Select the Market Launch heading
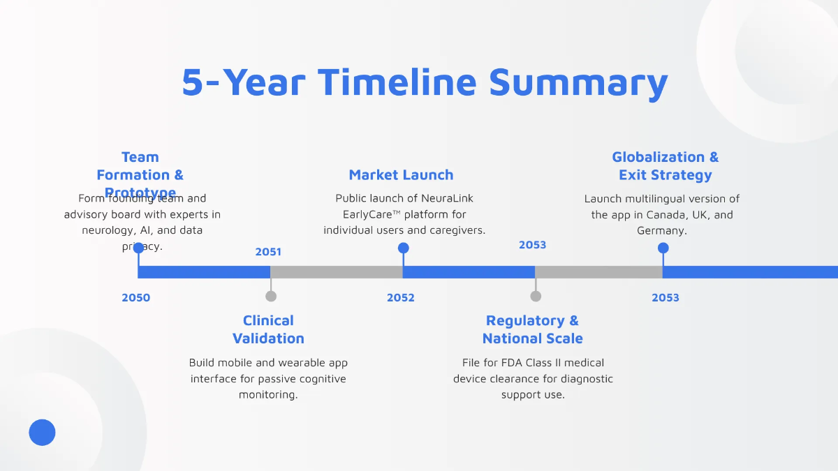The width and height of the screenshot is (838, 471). pyautogui.click(x=401, y=175)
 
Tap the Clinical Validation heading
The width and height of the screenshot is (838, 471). pyautogui.click(x=268, y=329)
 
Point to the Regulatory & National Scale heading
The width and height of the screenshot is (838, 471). pyautogui.click(x=532, y=329)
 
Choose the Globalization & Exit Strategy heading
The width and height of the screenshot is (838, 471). pyautogui.click(x=665, y=166)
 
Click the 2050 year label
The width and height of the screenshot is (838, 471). pyautogui.click(x=135, y=298)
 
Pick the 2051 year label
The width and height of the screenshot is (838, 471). pyautogui.click(x=268, y=252)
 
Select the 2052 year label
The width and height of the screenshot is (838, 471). pyautogui.click(x=401, y=298)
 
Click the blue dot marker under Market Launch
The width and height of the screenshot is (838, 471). pyautogui.click(x=403, y=248)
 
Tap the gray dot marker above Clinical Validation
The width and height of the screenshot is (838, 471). pyautogui.click(x=271, y=296)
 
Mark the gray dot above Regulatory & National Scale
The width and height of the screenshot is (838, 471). pyautogui.click(x=536, y=296)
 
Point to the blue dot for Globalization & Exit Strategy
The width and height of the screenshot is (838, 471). pyautogui.click(x=663, y=248)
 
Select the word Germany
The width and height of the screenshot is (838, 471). pyautogui.click(x=661, y=231)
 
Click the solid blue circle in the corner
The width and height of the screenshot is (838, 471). pyautogui.click(x=42, y=433)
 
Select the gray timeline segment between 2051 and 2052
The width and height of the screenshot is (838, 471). pyautogui.click(x=337, y=272)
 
